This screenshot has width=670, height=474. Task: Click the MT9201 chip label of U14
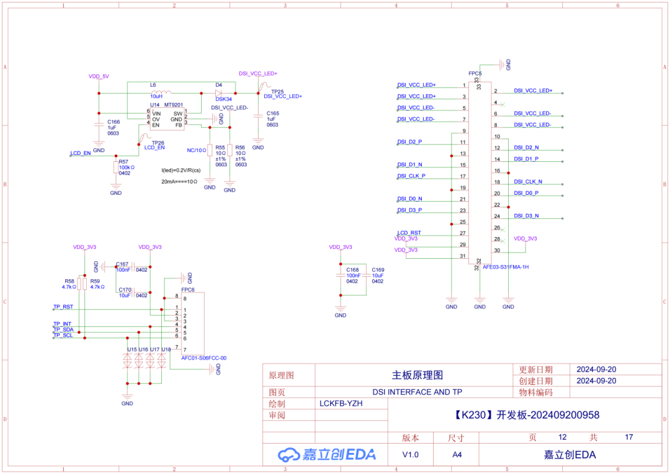tap(174, 105)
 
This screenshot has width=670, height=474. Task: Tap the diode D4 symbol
tap(219, 93)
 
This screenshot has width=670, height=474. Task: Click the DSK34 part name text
tap(224, 99)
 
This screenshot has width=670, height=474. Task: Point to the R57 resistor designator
tap(123, 161)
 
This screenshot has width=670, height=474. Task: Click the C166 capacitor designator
tap(114, 122)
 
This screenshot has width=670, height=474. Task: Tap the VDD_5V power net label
tap(99, 76)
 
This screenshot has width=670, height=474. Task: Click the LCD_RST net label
tap(409, 233)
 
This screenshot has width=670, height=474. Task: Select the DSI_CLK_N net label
tap(528, 182)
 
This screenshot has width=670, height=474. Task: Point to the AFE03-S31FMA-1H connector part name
tap(505, 267)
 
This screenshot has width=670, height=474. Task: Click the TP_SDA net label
tap(63, 329)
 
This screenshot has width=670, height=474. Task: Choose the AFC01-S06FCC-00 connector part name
tap(203, 358)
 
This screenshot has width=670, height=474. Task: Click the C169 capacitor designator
tap(378, 270)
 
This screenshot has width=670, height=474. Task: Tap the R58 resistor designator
tap(69, 281)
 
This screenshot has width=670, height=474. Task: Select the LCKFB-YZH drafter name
tap(341, 403)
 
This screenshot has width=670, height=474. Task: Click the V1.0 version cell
tap(410, 455)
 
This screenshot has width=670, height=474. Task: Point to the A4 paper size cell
tap(457, 455)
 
